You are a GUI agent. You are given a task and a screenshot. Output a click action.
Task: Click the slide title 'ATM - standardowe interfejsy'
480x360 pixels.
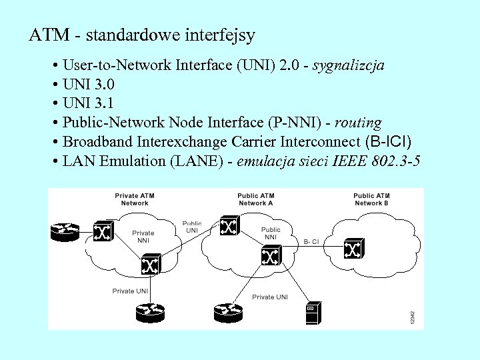point(142,35)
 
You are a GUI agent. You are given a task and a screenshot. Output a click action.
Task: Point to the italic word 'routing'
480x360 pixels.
point(358,123)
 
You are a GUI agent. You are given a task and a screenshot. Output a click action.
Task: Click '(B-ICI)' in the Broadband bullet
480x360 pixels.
point(389,141)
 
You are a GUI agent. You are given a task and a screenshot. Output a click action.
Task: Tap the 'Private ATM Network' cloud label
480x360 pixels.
point(135,199)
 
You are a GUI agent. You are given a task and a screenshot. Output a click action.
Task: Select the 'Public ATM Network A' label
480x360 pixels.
point(256,199)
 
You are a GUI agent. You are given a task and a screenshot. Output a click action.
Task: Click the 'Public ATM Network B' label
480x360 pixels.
point(372,199)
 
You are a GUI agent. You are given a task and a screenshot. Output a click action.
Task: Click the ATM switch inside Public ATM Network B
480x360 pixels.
point(351,249)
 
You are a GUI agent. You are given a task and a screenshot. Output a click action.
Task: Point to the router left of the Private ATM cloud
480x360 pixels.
point(65,231)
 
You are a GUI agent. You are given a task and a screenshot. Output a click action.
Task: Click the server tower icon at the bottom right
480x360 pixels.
point(312,313)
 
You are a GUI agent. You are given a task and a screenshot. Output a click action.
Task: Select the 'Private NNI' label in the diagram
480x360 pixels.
point(143,237)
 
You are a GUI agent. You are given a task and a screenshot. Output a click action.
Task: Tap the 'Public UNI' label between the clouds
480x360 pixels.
point(192,227)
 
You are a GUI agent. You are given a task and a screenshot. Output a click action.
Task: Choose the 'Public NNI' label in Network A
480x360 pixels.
point(271,233)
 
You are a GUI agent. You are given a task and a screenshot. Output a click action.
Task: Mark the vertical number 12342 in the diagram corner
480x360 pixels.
point(413,317)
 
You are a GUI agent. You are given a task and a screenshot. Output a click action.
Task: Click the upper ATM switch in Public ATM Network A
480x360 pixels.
point(229,227)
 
